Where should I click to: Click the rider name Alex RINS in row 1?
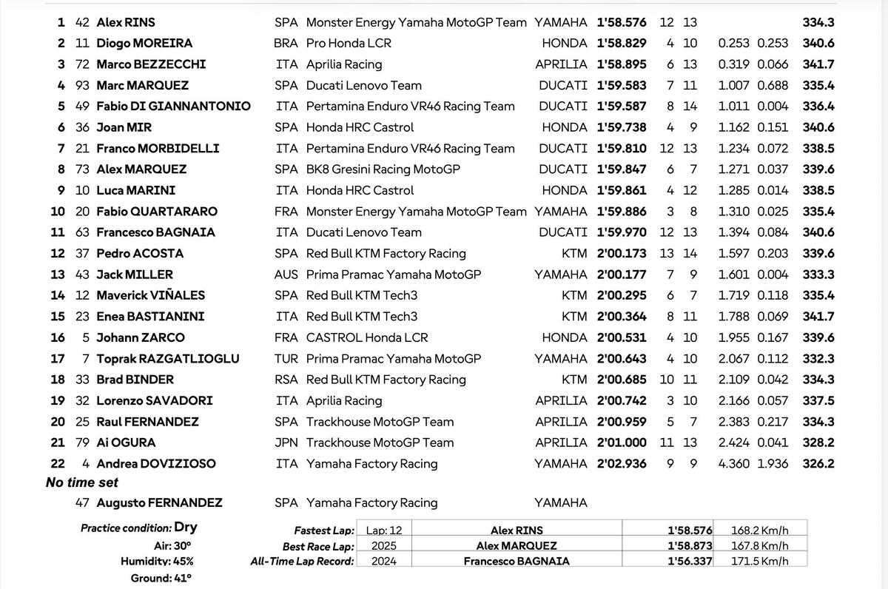tap(126, 22)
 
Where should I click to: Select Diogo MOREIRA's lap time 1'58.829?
tap(622, 44)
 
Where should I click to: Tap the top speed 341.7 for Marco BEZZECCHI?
tap(818, 64)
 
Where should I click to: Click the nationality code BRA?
tap(286, 44)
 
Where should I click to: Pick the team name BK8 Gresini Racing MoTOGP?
tap(383, 169)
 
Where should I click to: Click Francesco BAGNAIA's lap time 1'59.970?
tap(622, 232)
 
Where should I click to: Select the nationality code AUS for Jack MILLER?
tap(286, 275)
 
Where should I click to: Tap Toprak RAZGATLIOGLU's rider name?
tap(168, 359)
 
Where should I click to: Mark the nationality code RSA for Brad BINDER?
tap(286, 380)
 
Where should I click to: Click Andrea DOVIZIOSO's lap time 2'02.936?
tap(622, 464)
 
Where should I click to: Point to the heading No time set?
tap(82, 482)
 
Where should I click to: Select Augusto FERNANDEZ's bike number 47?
tap(82, 503)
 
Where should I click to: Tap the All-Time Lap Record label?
tap(302, 561)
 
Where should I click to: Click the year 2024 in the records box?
tap(383, 561)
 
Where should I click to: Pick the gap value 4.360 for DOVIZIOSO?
tap(733, 464)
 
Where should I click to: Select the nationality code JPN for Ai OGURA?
tap(286, 442)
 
